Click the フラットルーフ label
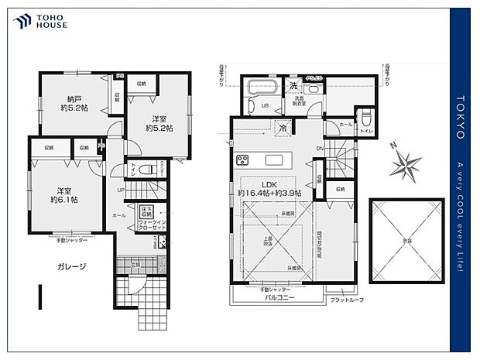pos(345,300)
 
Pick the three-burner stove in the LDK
pos(242,160)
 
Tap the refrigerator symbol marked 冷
pos(284,128)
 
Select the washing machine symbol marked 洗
pos(293,85)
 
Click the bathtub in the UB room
pos(262,88)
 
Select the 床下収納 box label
pos(148,211)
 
